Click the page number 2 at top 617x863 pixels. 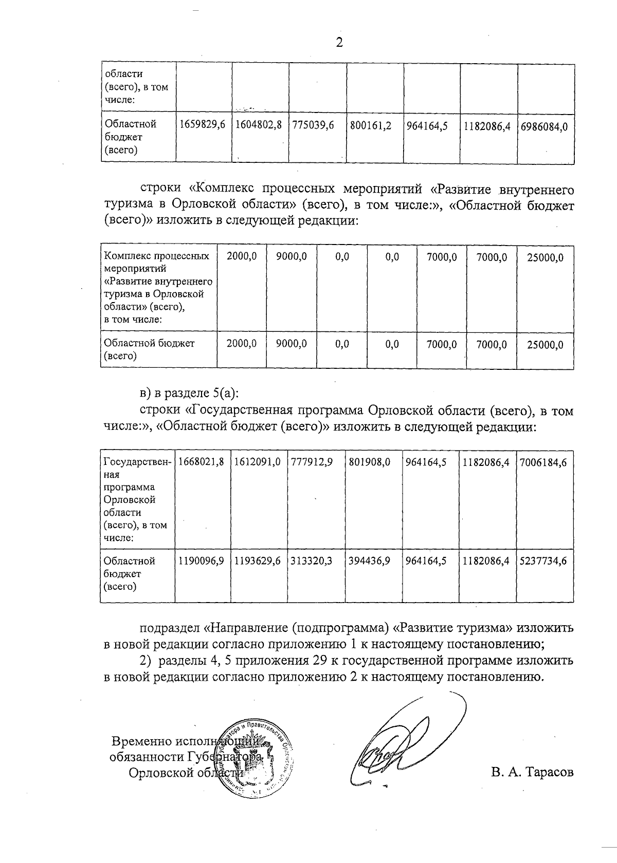(x=339, y=42)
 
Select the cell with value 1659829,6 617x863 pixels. (x=204, y=125)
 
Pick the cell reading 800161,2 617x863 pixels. (x=371, y=125)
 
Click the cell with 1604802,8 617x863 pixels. (x=259, y=125)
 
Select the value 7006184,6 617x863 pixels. (x=543, y=462)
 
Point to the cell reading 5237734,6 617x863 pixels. (x=543, y=561)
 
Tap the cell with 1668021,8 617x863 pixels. (x=202, y=462)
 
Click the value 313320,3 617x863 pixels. (x=312, y=561)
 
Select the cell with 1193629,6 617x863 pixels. (x=258, y=561)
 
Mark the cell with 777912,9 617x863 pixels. (x=312, y=462)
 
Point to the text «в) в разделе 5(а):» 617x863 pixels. (x=190, y=394)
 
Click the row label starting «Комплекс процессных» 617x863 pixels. (x=157, y=256)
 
